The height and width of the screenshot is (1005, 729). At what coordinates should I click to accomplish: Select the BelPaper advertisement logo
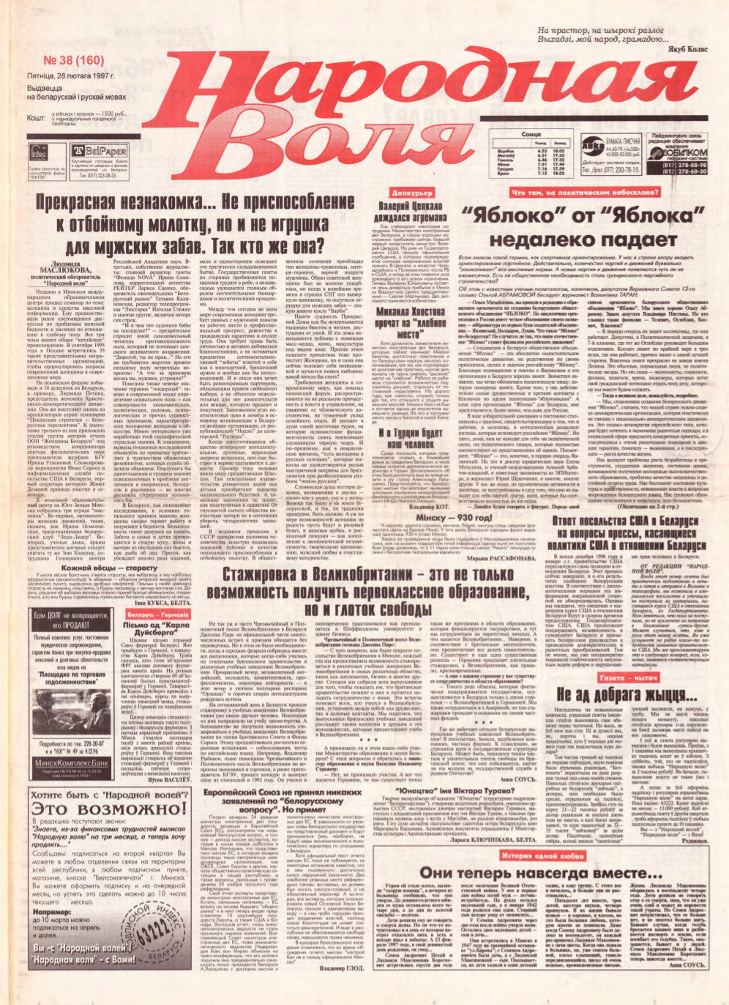coord(89,149)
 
